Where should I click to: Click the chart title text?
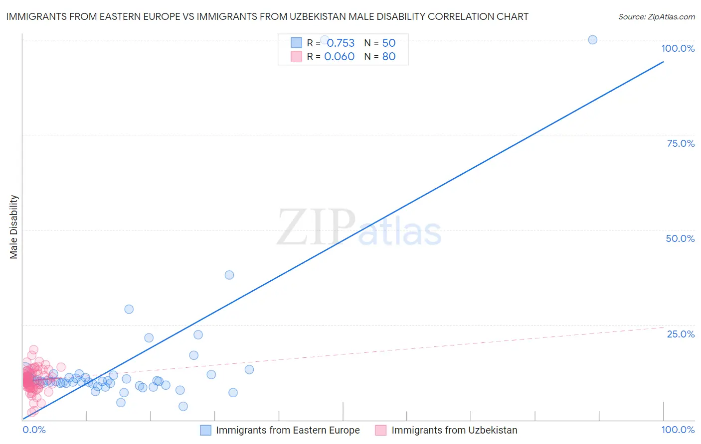[267, 16]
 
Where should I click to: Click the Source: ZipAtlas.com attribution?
[656, 17]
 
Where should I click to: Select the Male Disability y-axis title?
[14, 226]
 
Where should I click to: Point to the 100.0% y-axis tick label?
[678, 48]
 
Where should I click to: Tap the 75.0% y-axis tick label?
[681, 143]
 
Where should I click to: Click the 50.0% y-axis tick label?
[680, 238]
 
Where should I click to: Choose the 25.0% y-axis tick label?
[681, 333]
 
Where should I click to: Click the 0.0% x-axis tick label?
[34, 430]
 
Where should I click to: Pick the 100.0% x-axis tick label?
[678, 430]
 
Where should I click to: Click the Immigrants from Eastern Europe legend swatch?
[205, 430]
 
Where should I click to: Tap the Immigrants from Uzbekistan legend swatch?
[381, 430]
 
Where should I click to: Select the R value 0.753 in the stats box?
[341, 43]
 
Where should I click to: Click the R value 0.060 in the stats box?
[339, 57]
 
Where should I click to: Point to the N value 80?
[389, 57]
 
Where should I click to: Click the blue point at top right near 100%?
[592, 40]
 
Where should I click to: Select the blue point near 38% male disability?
[229, 275]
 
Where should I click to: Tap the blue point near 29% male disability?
[129, 309]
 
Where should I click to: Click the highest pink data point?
[33, 349]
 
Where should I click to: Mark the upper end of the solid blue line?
[663, 62]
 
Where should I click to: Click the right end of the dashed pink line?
[663, 327]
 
